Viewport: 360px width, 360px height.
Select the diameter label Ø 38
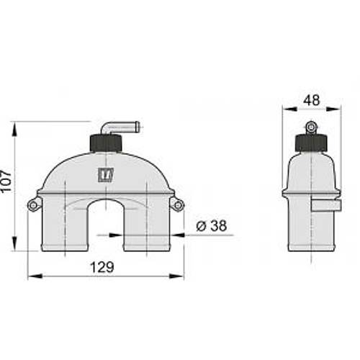pyautogui.click(x=211, y=225)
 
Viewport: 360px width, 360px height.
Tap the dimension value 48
pyautogui.click(x=310, y=101)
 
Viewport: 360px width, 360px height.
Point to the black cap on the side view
pyautogui.click(x=310, y=143)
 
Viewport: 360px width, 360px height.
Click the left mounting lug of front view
pyautogui.click(x=33, y=205)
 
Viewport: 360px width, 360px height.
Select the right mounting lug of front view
pyautogui.click(x=176, y=206)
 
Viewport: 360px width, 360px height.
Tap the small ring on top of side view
pyautogui.click(x=310, y=128)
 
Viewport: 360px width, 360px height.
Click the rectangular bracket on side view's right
pyautogui.click(x=324, y=206)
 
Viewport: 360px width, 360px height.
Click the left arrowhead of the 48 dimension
pyautogui.click(x=286, y=110)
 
